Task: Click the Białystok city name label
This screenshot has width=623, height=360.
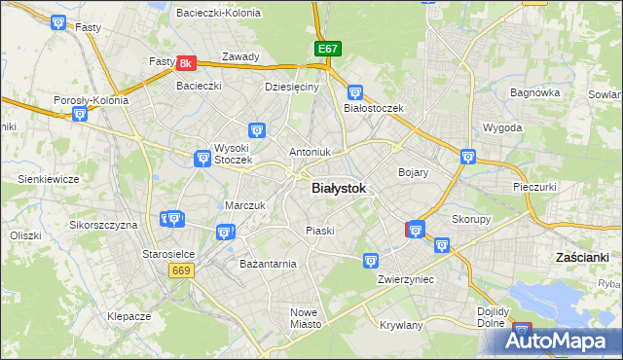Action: (x=340, y=190)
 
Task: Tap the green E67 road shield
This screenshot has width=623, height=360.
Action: (x=327, y=49)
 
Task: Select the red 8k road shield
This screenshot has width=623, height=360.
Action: (x=188, y=63)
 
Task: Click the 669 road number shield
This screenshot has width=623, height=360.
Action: (x=180, y=270)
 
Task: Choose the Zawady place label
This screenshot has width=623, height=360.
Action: (x=240, y=56)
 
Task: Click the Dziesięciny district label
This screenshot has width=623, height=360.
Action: (x=292, y=87)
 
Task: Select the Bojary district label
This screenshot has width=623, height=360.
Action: (x=414, y=171)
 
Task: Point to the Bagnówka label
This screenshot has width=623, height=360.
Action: (x=534, y=93)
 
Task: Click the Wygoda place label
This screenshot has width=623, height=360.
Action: (x=502, y=127)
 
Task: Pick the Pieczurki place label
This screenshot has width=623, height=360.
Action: (x=534, y=186)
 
